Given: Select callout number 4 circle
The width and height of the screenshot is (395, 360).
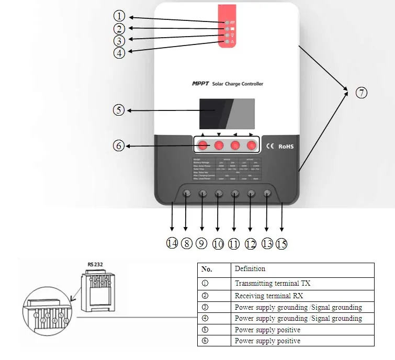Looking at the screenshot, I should [x=119, y=53].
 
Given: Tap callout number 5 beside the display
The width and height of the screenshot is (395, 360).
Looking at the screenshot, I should [x=119, y=110].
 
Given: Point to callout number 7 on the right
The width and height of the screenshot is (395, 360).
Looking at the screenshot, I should [x=361, y=93].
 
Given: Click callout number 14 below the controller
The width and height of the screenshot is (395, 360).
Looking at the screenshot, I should [x=172, y=243].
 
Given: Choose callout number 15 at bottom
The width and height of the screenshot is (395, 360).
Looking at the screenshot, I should [x=281, y=243].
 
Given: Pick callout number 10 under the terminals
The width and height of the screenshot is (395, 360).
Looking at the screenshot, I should [x=218, y=243].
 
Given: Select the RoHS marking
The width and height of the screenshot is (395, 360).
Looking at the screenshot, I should [x=286, y=146].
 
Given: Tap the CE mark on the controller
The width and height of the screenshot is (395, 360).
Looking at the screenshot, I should [x=270, y=146].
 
